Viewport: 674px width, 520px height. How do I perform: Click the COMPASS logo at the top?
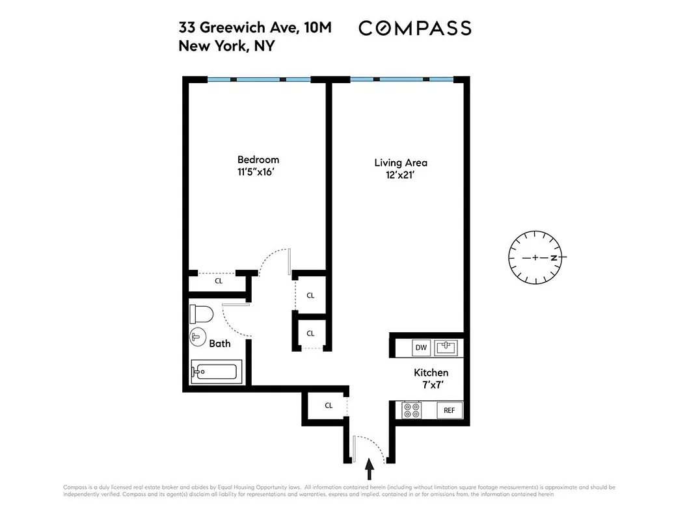point(414,28)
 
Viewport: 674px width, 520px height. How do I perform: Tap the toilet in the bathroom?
point(202,315)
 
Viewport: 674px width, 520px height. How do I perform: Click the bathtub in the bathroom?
point(215,372)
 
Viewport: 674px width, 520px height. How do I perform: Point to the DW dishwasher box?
point(421,348)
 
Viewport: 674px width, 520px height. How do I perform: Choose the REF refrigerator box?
point(449,410)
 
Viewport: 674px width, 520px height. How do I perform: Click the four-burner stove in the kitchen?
point(412,410)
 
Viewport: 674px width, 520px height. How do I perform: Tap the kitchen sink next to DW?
point(446,348)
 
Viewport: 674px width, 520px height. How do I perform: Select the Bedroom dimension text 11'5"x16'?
point(258,173)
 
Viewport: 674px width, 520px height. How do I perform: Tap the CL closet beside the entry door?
point(329,406)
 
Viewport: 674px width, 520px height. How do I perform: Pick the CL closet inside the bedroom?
point(219,281)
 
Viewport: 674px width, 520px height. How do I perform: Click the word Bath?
point(220,343)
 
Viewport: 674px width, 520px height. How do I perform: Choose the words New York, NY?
point(227,46)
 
